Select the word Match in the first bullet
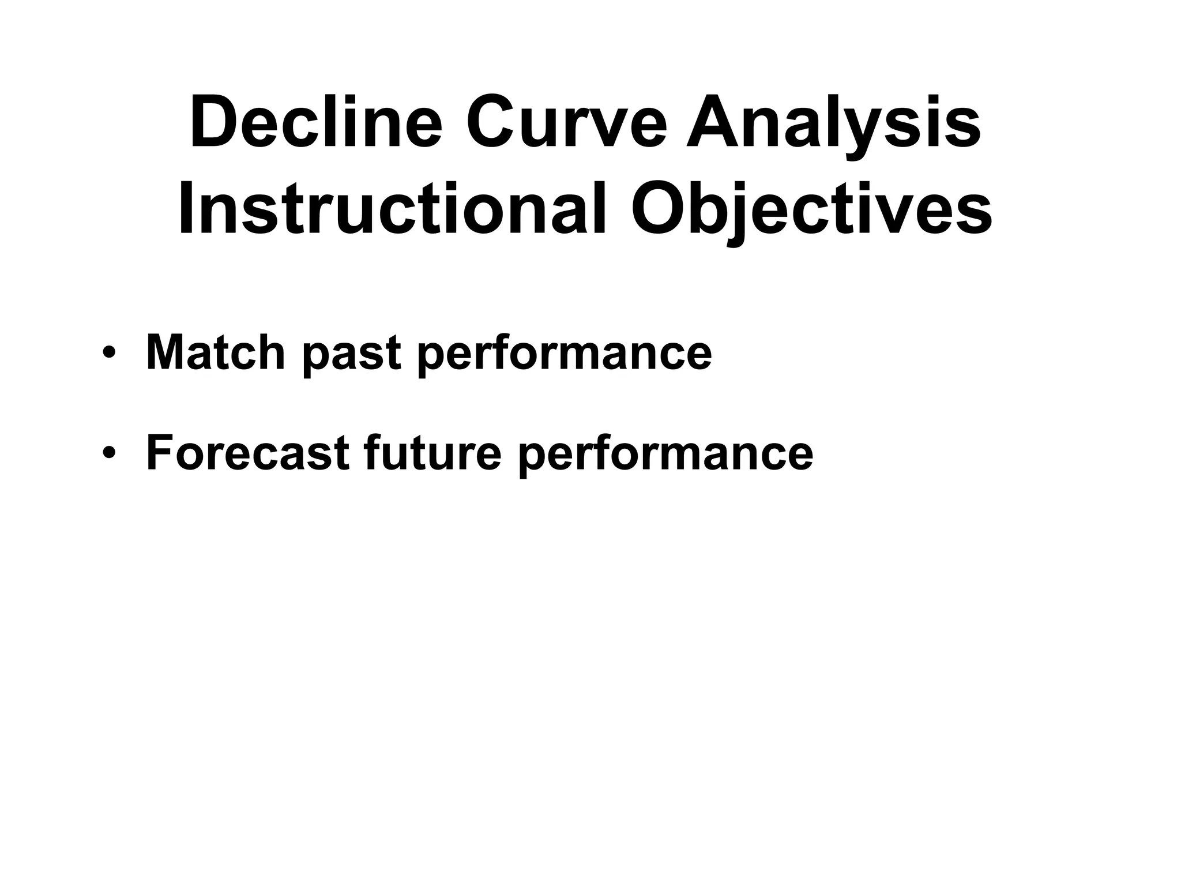click(215, 352)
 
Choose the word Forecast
click(248, 453)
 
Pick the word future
click(433, 453)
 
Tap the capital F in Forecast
click(160, 453)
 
